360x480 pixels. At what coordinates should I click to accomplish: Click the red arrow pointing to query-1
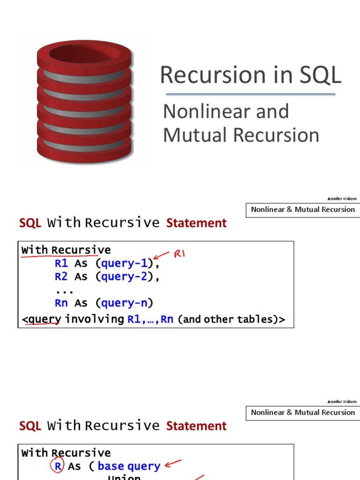coord(162,255)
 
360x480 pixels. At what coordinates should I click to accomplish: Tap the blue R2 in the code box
coord(61,277)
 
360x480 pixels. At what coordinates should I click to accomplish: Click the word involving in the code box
coord(94,319)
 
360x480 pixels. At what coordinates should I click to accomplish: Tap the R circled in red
coord(56,466)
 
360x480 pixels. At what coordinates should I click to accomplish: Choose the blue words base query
coord(129,466)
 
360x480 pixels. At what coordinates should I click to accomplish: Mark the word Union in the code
coord(124,477)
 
